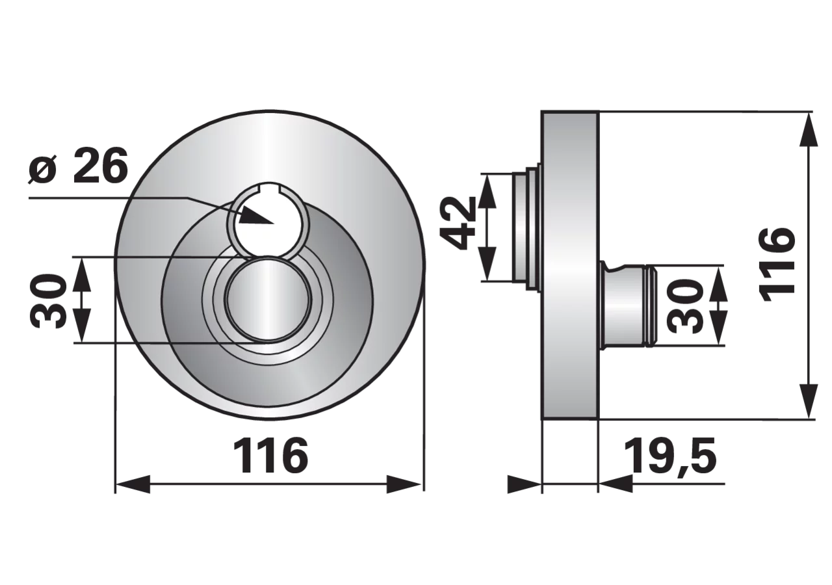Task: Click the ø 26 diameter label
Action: (78, 165)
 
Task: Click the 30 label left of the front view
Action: (47, 301)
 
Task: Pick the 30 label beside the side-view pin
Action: (685, 305)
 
